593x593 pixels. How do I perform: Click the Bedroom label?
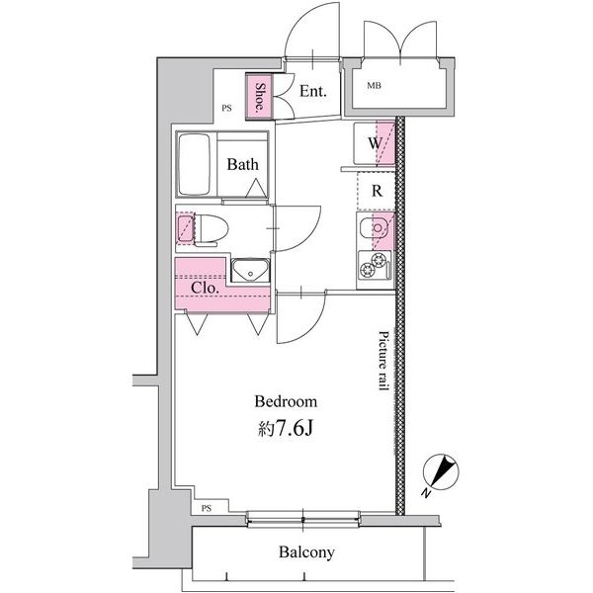(x=286, y=401)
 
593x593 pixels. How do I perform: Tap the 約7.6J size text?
(x=286, y=429)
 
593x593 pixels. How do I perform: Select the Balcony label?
(x=306, y=552)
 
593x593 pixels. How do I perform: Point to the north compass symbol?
(x=440, y=472)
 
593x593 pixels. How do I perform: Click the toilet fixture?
(x=212, y=229)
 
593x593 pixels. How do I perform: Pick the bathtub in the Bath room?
(x=195, y=164)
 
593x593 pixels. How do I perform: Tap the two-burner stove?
(x=375, y=265)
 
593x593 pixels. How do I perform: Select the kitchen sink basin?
(x=375, y=228)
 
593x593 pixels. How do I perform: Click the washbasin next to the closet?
(x=250, y=270)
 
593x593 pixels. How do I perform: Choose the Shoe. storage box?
(x=259, y=97)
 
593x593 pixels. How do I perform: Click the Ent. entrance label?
(x=312, y=91)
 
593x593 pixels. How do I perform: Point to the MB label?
(x=374, y=86)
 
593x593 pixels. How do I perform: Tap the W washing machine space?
(x=375, y=143)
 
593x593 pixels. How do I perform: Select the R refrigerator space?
(x=377, y=191)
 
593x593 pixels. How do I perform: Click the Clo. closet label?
(x=205, y=288)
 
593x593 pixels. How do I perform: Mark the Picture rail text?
(x=383, y=361)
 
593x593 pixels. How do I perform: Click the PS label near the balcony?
(x=207, y=509)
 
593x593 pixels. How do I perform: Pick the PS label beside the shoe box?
(x=226, y=108)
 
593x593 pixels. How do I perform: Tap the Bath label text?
(x=243, y=164)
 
